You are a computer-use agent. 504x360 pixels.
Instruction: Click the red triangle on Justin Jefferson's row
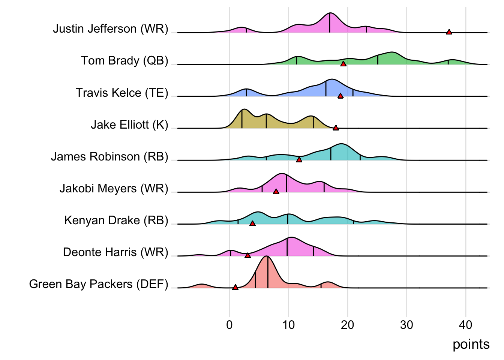pyautogui.click(x=449, y=32)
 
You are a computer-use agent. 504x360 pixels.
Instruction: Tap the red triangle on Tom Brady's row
pyautogui.click(x=343, y=64)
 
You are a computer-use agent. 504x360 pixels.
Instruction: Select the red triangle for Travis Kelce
pyautogui.click(x=340, y=96)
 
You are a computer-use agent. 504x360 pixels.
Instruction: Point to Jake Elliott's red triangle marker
pyautogui.click(x=336, y=127)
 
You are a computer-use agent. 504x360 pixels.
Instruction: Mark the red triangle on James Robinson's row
pyautogui.click(x=299, y=159)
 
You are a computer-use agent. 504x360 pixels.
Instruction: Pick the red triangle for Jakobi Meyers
pyautogui.click(x=276, y=191)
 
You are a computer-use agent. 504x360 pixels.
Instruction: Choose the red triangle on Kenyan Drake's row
pyautogui.click(x=252, y=223)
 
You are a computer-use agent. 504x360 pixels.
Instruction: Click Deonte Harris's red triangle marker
pyautogui.click(x=247, y=255)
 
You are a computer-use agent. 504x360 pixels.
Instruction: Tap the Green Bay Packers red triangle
pyautogui.click(x=235, y=287)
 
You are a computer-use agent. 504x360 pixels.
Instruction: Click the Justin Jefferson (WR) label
pyautogui.click(x=111, y=29)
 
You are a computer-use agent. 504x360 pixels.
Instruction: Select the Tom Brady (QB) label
pyautogui.click(x=124, y=61)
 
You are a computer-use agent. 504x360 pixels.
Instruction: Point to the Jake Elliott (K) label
pyautogui.click(x=129, y=124)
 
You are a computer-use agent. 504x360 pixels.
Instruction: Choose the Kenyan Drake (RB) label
pyautogui.click(x=116, y=220)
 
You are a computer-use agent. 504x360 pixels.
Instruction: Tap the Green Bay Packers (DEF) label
pyautogui.click(x=99, y=284)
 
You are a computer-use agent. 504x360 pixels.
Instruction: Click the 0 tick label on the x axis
pyautogui.click(x=229, y=325)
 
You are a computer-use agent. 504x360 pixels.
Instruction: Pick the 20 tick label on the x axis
pyautogui.click(x=347, y=325)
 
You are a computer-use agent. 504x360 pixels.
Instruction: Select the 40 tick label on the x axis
pyautogui.click(x=465, y=325)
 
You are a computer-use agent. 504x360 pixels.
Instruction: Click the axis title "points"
pyautogui.click(x=471, y=344)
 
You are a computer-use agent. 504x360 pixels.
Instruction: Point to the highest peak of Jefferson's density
pyautogui.click(x=330, y=13)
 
